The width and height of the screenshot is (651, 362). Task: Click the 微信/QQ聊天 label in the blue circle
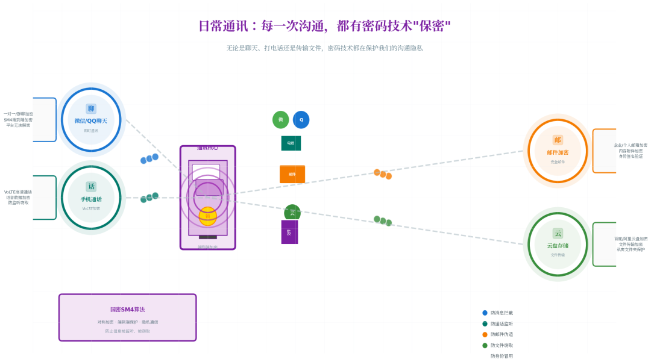click(x=90, y=120)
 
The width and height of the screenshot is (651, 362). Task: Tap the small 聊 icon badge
click(x=91, y=108)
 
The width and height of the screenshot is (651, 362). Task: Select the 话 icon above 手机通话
click(x=91, y=186)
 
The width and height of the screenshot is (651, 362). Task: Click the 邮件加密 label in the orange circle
click(x=558, y=152)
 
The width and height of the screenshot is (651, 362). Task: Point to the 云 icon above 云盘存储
click(x=558, y=233)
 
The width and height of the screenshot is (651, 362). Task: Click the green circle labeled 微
click(x=280, y=119)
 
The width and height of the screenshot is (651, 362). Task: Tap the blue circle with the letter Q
click(x=301, y=119)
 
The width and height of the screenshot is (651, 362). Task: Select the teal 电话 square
click(x=291, y=143)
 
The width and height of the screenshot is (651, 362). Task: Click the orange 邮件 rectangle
click(x=292, y=174)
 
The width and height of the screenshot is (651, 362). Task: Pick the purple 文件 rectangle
click(x=289, y=232)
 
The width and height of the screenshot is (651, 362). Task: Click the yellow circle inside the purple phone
click(x=208, y=216)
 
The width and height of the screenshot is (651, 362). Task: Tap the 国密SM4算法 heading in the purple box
click(x=127, y=310)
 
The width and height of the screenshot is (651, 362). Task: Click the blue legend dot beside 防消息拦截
click(x=485, y=313)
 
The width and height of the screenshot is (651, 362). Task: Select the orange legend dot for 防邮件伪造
click(x=485, y=334)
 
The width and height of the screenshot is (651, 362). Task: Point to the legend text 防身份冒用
click(x=502, y=356)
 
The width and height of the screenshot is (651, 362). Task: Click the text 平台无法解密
click(x=18, y=125)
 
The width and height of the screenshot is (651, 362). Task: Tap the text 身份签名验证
click(x=631, y=156)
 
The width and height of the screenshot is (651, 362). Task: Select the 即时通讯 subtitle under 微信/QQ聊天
click(x=90, y=130)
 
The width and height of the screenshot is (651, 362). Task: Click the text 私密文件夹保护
click(x=631, y=249)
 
